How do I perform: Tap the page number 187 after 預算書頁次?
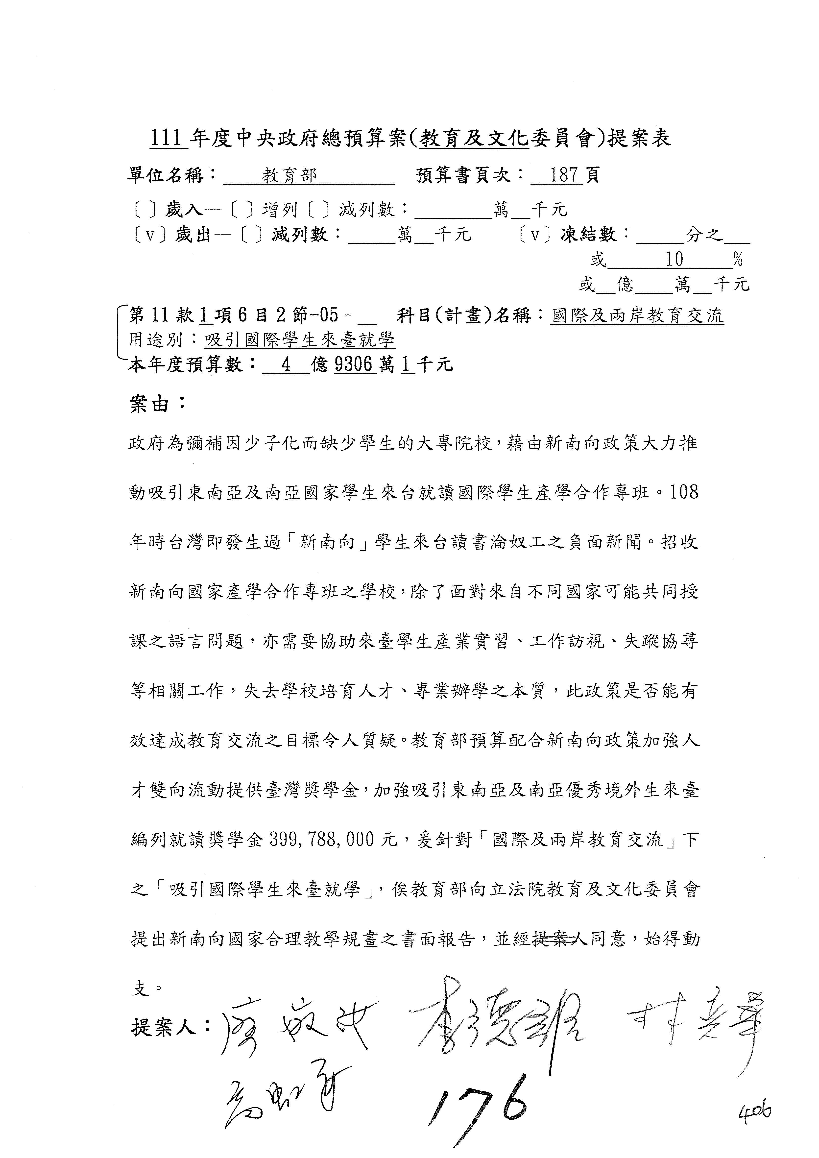click(x=564, y=175)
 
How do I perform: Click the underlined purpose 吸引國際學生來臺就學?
click(x=300, y=340)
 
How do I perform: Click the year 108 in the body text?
click(x=684, y=492)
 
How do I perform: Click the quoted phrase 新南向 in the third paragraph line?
click(x=327, y=542)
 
